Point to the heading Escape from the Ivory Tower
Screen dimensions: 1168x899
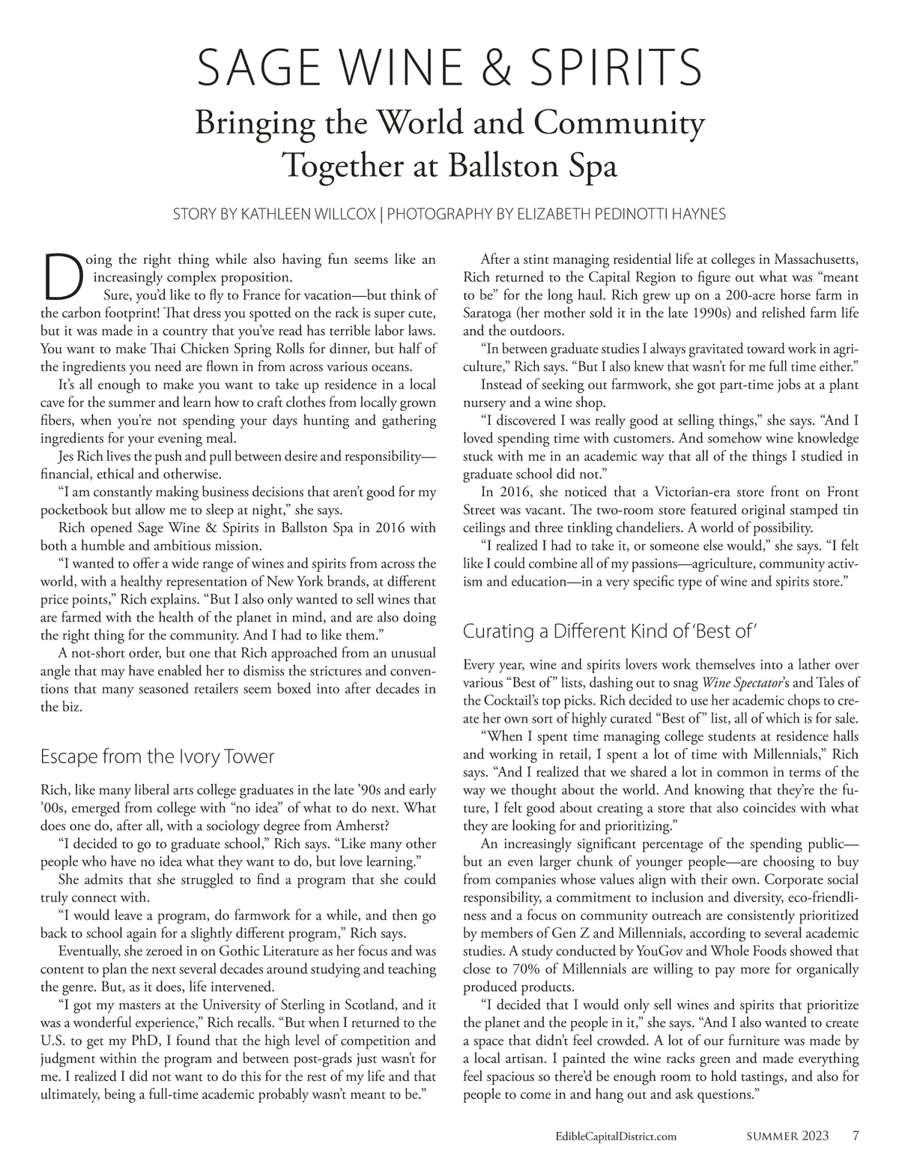pyautogui.click(x=157, y=756)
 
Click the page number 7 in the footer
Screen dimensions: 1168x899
pyautogui.click(x=855, y=1136)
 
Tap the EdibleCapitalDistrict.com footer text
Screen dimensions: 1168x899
pyautogui.click(x=611, y=1137)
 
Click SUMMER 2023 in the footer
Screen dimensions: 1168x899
pyautogui.click(x=788, y=1137)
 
